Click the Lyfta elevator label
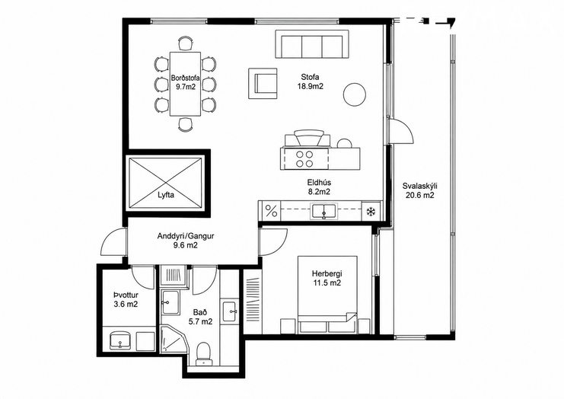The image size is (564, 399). pos(166,196)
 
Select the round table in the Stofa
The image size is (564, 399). pos(354,94)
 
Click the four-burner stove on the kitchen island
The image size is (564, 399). pos(304,159)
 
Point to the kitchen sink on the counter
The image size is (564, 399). pos(324,210)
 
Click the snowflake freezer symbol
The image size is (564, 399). pos(371,212)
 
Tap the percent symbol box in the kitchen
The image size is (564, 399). pos(272,211)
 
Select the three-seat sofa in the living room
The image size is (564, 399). pos(312,44)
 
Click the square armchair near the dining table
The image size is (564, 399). pos(263,84)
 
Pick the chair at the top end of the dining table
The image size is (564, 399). pos(185,43)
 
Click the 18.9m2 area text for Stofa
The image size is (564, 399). pos(311,86)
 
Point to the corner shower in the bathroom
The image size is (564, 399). pos(174,339)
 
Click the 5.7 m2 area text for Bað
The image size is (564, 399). pos(200,321)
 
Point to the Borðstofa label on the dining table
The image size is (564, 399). pos(185,78)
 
